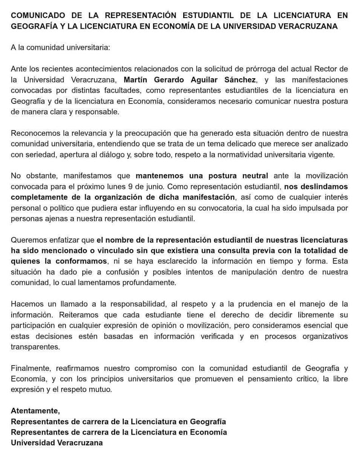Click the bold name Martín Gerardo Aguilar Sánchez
[196, 80]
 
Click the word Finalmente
[30, 369]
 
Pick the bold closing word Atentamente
[35, 411]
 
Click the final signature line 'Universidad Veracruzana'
[57, 442]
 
